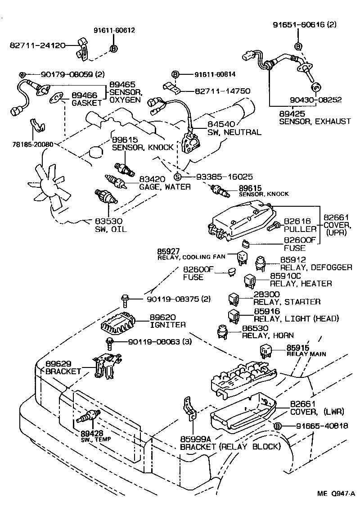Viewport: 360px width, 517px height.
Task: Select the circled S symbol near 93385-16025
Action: (x=177, y=177)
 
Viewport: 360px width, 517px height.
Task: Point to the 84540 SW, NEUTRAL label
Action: (x=234, y=128)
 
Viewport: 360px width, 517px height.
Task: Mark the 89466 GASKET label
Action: (x=87, y=99)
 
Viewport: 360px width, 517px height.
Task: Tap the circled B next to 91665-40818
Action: (x=278, y=426)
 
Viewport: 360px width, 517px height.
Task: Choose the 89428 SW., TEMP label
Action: (x=95, y=435)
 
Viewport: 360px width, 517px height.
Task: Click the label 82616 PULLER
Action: (x=300, y=226)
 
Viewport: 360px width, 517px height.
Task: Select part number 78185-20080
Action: (x=33, y=145)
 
